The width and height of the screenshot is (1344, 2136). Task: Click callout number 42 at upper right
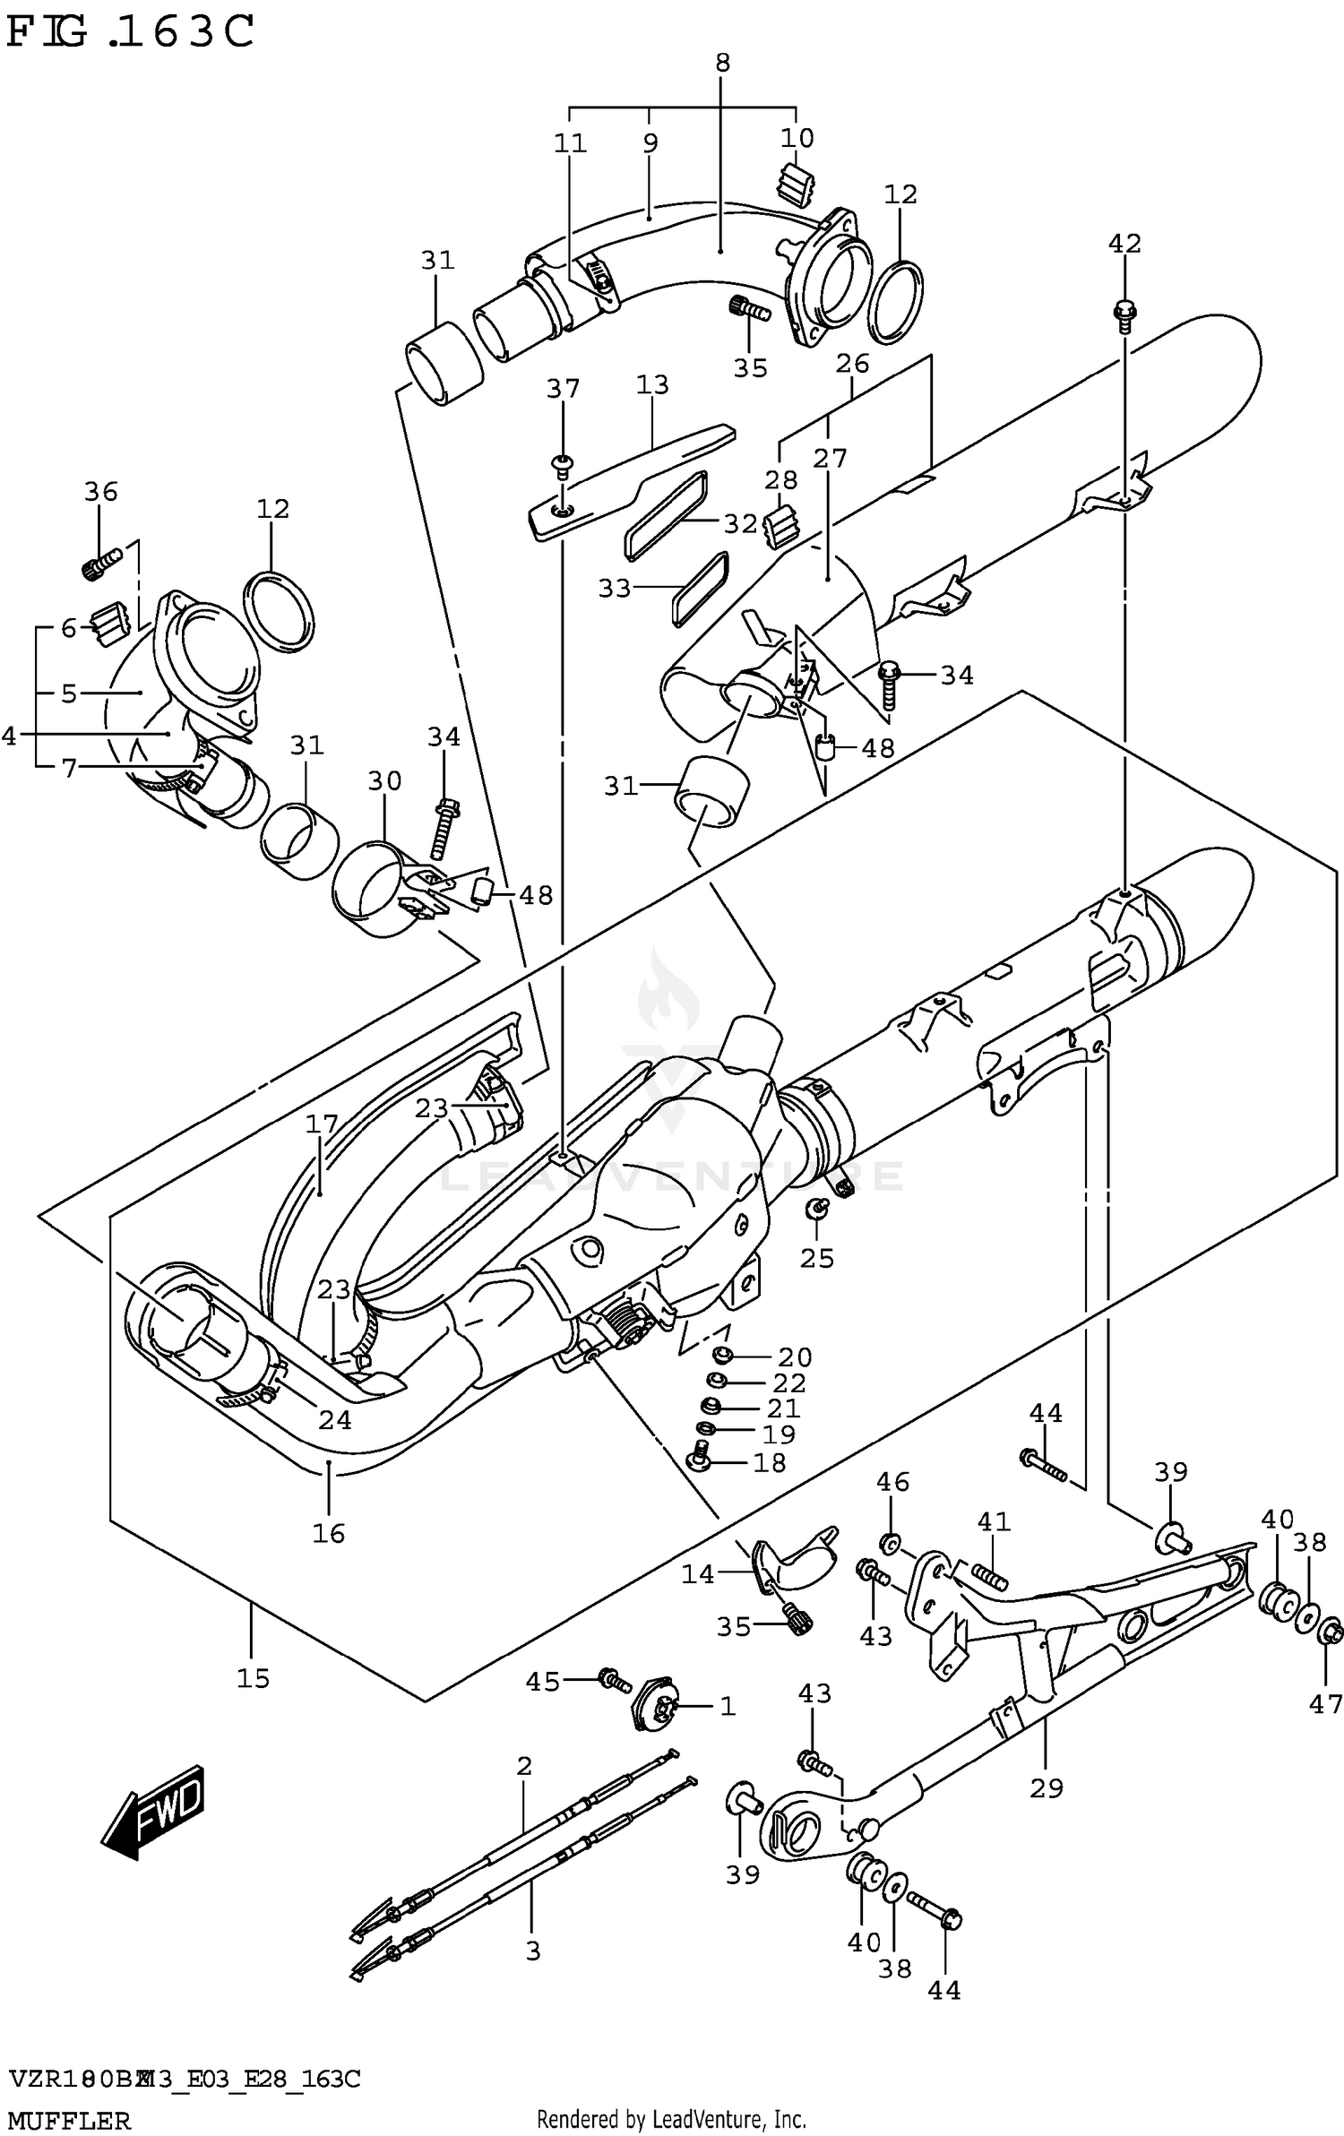pyautogui.click(x=1124, y=243)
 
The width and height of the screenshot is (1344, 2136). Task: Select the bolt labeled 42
pyautogui.click(x=1124, y=313)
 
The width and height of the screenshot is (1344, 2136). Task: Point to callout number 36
pyautogui.click(x=101, y=491)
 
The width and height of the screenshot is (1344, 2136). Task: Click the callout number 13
pyautogui.click(x=652, y=384)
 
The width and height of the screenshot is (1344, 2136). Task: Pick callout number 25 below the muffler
pyautogui.click(x=817, y=1258)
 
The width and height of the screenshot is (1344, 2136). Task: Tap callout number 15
pyautogui.click(x=253, y=1678)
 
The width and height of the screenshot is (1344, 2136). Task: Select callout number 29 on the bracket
pyautogui.click(x=1047, y=1788)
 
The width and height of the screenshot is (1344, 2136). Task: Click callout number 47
pyautogui.click(x=1326, y=1704)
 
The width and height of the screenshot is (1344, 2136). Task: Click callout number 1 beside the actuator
pyautogui.click(x=728, y=1707)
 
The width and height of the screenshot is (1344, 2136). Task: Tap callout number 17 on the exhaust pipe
pyautogui.click(x=322, y=1124)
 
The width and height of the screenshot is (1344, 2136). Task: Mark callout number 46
pyautogui.click(x=892, y=1481)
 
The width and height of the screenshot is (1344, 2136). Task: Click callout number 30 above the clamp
pyautogui.click(x=384, y=780)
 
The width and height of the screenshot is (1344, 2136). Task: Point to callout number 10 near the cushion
pyautogui.click(x=797, y=137)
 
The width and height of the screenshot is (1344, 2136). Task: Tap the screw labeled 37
pyautogui.click(x=563, y=462)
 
